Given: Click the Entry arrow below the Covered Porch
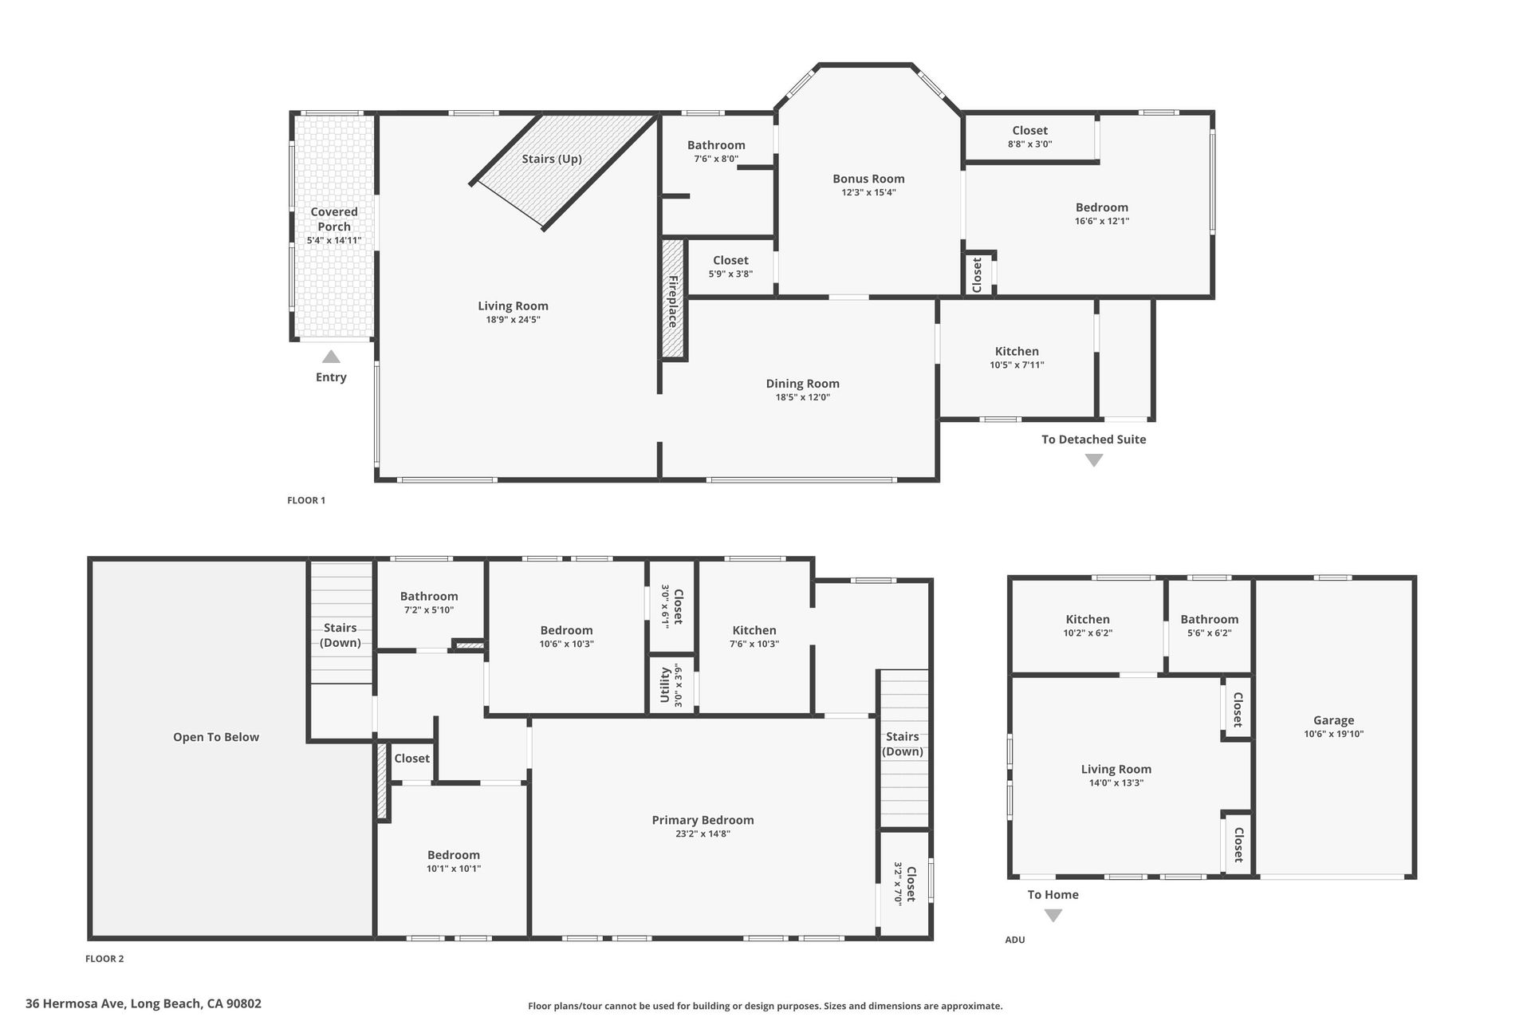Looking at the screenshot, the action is [x=331, y=357].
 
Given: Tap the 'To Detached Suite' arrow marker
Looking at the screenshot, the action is [x=1094, y=460].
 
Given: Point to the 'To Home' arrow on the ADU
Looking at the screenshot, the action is [x=1053, y=916].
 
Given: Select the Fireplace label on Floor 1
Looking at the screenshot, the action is [x=673, y=302].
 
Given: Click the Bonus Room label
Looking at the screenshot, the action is [x=868, y=179].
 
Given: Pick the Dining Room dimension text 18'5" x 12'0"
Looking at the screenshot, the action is [x=803, y=397].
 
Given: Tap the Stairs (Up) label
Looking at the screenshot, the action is [x=552, y=159].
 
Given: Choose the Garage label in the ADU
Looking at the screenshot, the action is [x=1334, y=720].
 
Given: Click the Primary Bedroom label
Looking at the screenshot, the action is [x=703, y=820].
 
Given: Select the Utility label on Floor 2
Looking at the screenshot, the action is [x=664, y=686].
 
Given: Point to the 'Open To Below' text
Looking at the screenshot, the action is [x=216, y=737].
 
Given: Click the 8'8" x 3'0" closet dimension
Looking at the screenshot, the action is [x=1030, y=144].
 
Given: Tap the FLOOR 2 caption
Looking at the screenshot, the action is [x=104, y=959].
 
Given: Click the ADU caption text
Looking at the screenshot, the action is [x=1015, y=940].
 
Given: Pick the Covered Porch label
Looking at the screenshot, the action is [x=334, y=219].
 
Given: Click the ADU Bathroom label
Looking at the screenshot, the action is [x=1210, y=619].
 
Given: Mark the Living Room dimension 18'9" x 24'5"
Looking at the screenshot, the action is [x=514, y=320].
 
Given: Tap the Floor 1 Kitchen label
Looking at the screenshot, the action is [x=1017, y=351].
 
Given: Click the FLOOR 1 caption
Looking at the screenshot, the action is [x=306, y=500].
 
